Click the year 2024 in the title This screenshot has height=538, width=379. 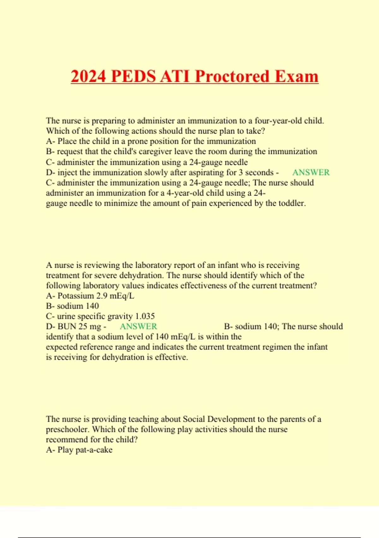tap(88, 77)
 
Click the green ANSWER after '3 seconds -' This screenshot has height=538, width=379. tap(311, 172)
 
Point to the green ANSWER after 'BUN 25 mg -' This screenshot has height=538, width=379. tap(138, 326)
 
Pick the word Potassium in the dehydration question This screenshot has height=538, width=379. tap(76, 296)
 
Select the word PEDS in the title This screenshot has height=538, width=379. tap(134, 77)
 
